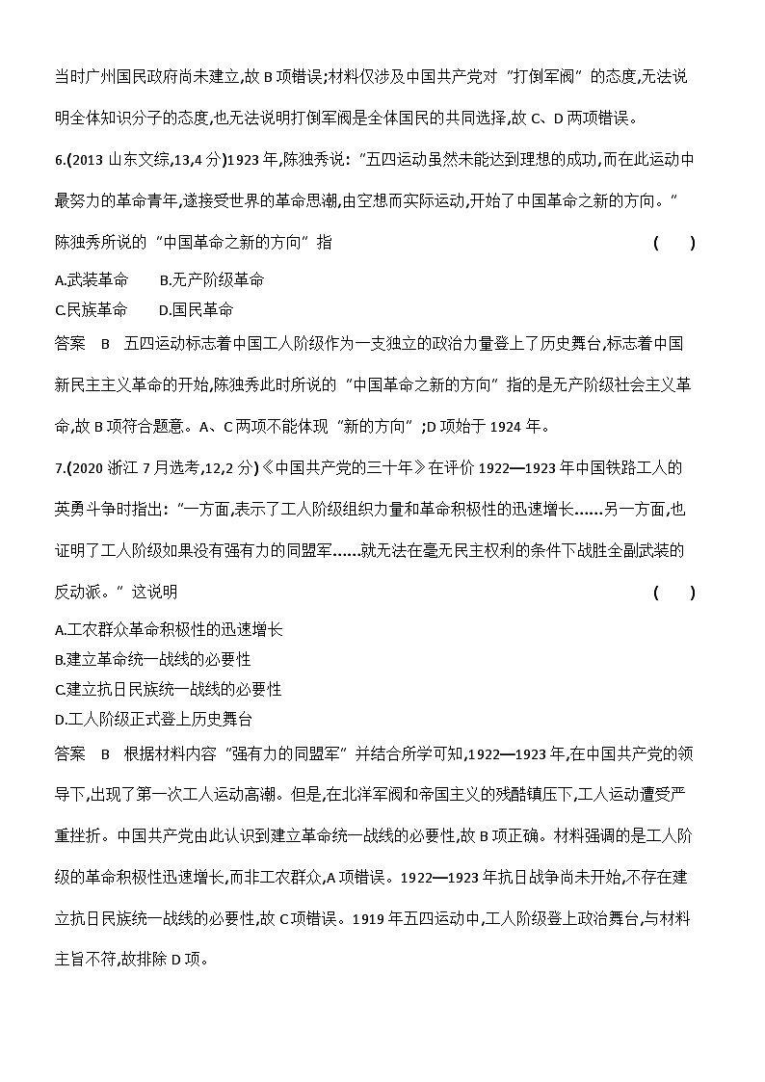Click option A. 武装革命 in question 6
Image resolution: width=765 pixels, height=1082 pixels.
[x=92, y=280]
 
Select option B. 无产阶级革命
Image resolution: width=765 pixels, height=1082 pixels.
[x=211, y=280]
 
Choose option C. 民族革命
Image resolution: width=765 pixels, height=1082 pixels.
[x=92, y=310]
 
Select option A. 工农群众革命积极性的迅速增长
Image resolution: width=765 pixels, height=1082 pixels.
[x=170, y=629]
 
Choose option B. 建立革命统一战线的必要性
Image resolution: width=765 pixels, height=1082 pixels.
[x=153, y=659]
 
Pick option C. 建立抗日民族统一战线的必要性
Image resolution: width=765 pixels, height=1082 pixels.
[x=169, y=690]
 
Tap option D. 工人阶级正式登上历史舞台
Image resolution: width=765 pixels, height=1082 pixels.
[x=154, y=720]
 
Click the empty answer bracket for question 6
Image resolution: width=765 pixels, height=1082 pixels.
[x=673, y=243]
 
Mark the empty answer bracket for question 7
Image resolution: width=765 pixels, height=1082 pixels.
[x=673, y=593]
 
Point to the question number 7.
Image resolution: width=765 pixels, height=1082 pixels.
[x=62, y=468]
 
